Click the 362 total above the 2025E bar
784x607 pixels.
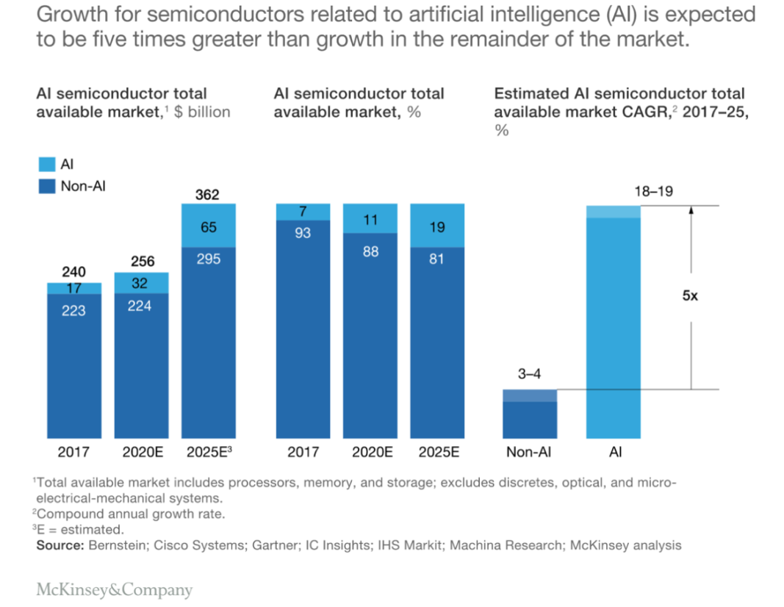(x=207, y=195)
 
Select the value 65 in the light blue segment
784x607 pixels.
(x=208, y=227)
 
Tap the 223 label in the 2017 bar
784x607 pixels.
(x=73, y=311)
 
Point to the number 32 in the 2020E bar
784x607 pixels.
(x=140, y=283)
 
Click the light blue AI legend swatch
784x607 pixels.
(x=46, y=165)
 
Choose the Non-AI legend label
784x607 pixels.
(x=83, y=187)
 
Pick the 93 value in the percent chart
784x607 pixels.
(x=302, y=233)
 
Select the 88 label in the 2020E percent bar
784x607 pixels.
(x=370, y=252)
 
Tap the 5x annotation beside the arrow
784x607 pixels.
(x=691, y=297)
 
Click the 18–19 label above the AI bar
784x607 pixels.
(x=652, y=193)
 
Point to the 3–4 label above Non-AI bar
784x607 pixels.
(x=529, y=374)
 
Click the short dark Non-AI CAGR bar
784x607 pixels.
(x=529, y=415)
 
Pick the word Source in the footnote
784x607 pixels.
(x=59, y=545)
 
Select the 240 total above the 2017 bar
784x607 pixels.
(x=73, y=272)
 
